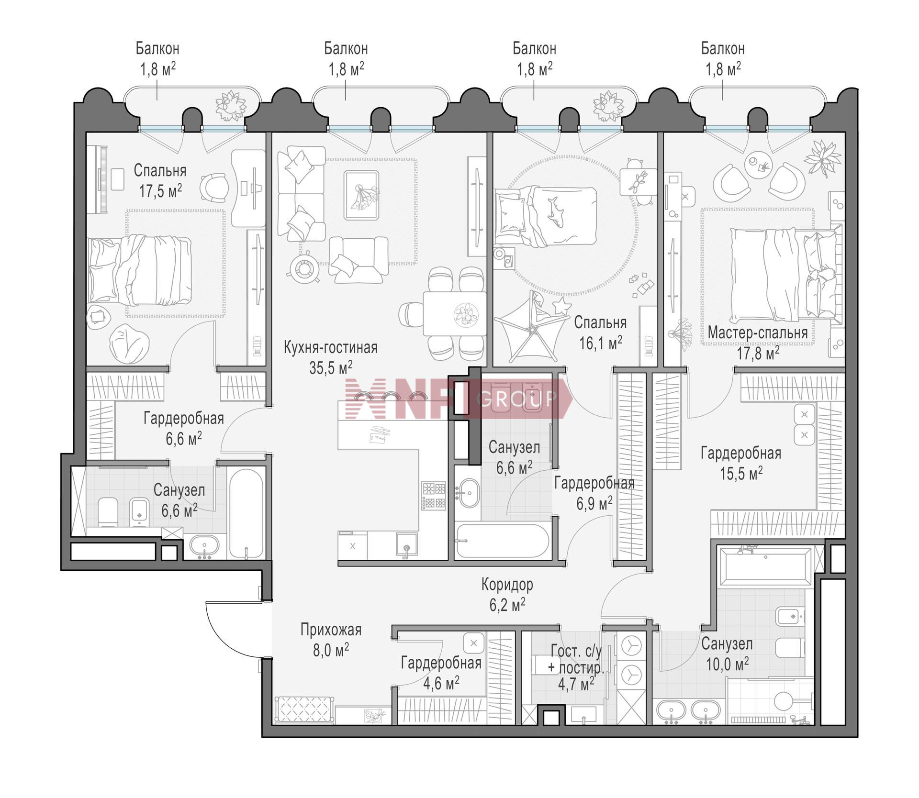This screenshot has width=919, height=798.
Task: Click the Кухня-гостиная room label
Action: [x=330, y=347]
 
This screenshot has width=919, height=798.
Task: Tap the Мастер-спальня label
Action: [x=758, y=332]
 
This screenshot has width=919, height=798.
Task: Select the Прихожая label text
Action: [x=331, y=630]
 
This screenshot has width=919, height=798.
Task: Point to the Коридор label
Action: [x=507, y=584]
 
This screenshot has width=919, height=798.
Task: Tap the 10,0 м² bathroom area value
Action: [x=727, y=664]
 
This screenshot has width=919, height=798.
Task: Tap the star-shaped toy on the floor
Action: [x=561, y=305]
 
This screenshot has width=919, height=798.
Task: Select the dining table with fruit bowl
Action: [x=454, y=314]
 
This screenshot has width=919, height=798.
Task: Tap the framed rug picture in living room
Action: [x=361, y=195]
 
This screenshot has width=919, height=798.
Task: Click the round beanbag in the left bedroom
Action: [x=125, y=343]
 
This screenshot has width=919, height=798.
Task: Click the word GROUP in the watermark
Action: [x=517, y=398]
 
